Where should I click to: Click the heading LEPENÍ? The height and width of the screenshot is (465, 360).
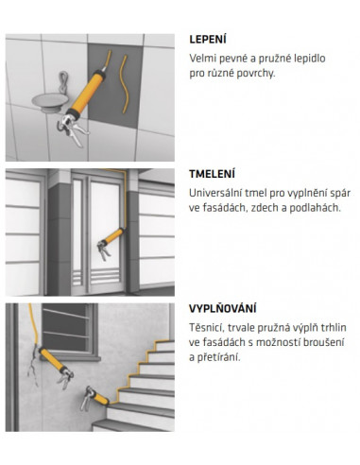tap(208, 40)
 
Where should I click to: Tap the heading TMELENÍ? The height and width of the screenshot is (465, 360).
tap(212, 174)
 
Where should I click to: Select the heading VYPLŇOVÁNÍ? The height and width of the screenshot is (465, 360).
tap(223, 308)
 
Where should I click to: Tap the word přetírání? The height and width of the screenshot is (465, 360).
tap(214, 357)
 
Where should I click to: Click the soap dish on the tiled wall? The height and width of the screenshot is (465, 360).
tap(50, 102)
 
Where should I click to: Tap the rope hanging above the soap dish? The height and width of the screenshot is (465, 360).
tap(63, 82)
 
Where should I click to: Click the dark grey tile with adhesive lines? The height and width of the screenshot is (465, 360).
tap(114, 86)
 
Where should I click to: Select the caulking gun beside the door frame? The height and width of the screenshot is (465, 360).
tap(111, 243)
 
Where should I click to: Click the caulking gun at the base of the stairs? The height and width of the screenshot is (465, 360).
tap(94, 399)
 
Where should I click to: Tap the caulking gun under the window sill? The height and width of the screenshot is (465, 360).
tap(56, 366)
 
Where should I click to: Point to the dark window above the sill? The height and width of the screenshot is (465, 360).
tap(65, 328)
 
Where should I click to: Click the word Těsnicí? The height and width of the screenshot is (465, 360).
tap(207, 328)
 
